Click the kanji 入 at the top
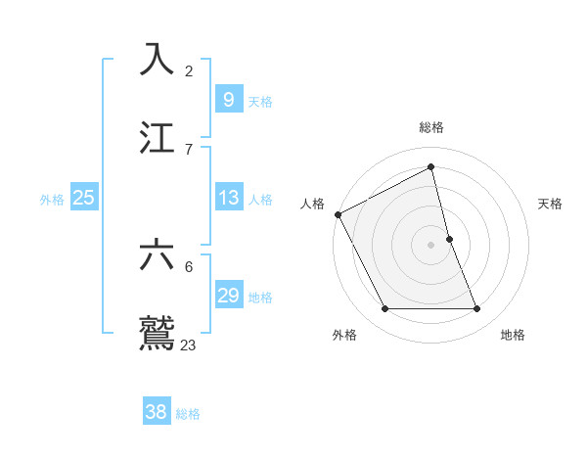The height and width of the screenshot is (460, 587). coord(158,61)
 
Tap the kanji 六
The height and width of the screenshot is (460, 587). coord(158,255)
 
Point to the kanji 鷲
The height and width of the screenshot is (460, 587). coord(158,333)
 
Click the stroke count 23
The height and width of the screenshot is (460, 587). coord(189,345)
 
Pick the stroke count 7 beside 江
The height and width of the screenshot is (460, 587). coord(189,149)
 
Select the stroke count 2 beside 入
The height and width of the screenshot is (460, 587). coord(189,71)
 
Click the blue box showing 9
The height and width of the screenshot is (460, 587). coord(228,99)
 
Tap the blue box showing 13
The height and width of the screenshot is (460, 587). coord(228,198)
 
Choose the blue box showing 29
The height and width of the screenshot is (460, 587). coord(228,296)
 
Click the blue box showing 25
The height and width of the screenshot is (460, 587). coord(84,198)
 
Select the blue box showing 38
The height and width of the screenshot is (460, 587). coord(157,412)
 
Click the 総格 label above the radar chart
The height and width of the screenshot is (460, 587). coord(431,127)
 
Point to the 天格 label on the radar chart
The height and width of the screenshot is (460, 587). coord(550,204)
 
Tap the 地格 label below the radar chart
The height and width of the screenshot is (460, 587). coord(513,335)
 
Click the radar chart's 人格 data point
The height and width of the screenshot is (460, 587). coord(338,214)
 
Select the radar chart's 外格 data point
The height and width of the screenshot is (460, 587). coord(384,309)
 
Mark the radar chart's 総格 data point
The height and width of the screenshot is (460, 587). coord(431,166)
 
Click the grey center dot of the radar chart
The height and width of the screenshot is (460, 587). coord(431,245)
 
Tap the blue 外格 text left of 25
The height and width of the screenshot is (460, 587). coord(52,199)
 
